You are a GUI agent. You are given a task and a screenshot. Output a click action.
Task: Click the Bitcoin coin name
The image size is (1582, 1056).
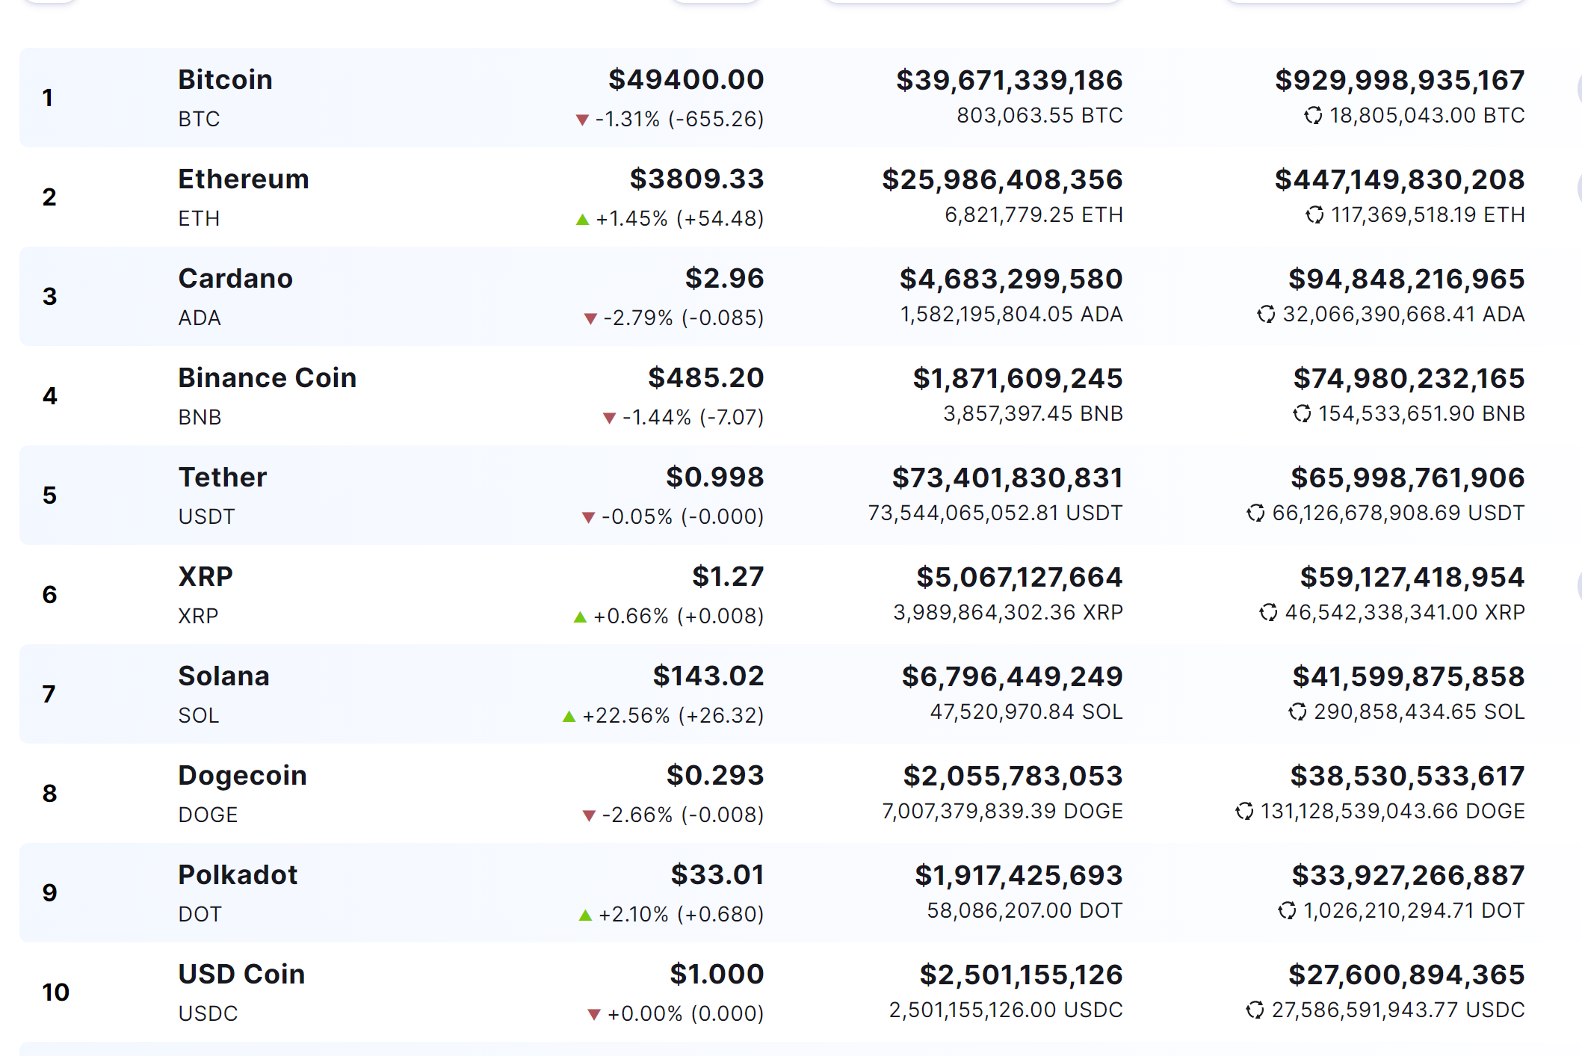point(225,79)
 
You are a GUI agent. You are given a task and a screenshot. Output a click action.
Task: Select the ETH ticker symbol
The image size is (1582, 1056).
point(199,218)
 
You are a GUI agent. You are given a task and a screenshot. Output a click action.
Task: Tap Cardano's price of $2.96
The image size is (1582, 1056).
point(724,278)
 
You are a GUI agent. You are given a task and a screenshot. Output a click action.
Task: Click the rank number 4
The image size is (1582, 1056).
point(49,395)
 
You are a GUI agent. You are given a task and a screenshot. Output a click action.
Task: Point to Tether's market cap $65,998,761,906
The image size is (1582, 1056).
point(1407,478)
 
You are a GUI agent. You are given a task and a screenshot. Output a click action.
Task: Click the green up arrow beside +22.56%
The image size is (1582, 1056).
point(569,716)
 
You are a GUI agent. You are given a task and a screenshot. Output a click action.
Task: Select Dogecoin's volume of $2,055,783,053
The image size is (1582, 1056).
point(1013,776)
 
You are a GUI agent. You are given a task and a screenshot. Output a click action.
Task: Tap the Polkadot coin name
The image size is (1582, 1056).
point(238,874)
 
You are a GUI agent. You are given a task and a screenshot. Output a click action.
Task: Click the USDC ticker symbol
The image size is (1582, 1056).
point(208,1013)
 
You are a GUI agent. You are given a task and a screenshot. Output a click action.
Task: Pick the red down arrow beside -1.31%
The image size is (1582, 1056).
point(582,120)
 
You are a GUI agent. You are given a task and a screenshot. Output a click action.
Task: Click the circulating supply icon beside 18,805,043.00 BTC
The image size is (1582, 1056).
point(1313,115)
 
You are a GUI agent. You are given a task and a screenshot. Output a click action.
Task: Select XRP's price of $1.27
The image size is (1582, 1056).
point(728,576)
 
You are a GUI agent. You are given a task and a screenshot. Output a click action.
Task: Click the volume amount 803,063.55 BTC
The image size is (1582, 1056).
point(1039,115)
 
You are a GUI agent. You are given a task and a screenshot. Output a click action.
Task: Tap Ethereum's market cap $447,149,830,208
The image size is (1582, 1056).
point(1400,179)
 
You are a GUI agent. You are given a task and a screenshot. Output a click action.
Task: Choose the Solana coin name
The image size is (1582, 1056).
point(223,676)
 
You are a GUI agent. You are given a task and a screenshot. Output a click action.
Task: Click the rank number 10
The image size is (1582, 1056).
point(55,992)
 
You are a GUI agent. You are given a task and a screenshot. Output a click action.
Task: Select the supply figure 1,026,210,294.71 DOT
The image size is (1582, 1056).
point(1414,910)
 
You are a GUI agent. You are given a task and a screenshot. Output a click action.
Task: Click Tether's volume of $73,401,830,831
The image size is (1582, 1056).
point(1007,478)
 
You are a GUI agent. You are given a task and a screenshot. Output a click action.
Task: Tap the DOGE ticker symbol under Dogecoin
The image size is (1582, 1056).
point(208,815)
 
